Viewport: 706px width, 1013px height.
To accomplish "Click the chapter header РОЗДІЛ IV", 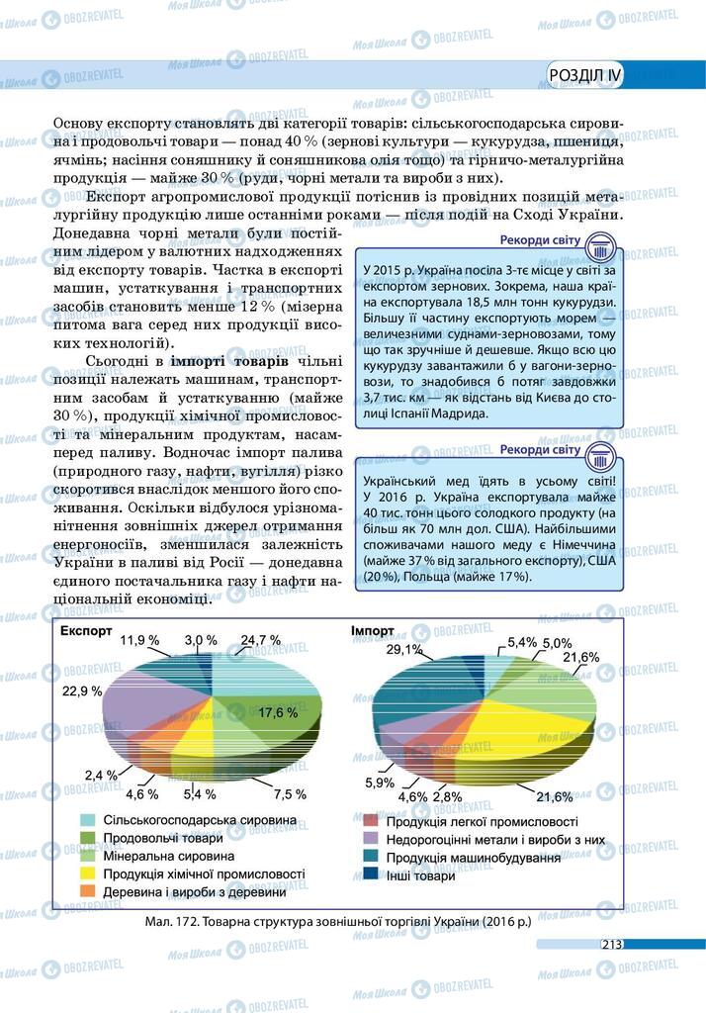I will coord(585,75).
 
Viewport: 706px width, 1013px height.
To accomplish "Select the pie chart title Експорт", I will coord(91,631).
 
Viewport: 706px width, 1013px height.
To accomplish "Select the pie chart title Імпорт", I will coord(372,631).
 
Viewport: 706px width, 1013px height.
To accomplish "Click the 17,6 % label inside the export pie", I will coord(278,712).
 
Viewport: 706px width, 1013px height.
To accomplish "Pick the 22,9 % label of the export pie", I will coord(82,691).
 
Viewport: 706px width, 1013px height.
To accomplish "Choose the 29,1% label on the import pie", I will coord(404,650).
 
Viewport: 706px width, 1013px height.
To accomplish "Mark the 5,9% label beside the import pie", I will coord(380,783).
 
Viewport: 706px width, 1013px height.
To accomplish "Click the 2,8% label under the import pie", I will coord(447,796).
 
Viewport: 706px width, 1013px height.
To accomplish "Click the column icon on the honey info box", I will coord(601,458).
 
